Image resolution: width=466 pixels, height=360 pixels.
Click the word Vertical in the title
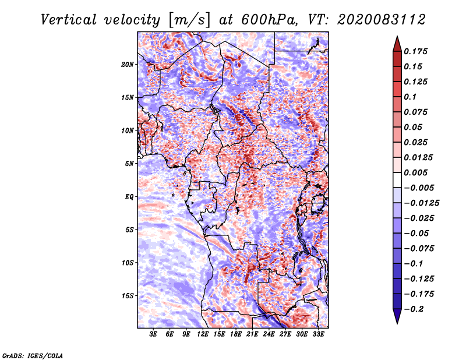click(x=69, y=20)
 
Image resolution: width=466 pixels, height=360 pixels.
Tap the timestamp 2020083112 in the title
click(x=382, y=20)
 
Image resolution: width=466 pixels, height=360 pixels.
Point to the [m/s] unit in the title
click(x=189, y=20)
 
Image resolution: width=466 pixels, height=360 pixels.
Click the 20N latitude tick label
click(x=128, y=64)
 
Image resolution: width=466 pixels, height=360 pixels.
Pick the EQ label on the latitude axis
click(x=129, y=197)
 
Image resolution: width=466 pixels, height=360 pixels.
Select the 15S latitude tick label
click(x=128, y=296)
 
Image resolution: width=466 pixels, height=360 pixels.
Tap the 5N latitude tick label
click(x=129, y=164)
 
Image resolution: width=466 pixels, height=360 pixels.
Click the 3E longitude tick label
click(x=153, y=334)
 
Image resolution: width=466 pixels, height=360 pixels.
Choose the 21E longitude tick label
click(x=252, y=334)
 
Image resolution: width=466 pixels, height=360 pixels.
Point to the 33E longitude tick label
click(x=318, y=334)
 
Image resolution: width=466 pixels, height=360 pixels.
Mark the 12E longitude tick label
click(x=202, y=334)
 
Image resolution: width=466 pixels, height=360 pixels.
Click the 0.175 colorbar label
click(x=415, y=51)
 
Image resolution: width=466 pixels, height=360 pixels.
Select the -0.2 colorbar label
click(x=414, y=309)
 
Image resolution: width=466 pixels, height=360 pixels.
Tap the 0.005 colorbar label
click(x=415, y=172)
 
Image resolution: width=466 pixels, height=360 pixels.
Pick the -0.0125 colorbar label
click(x=421, y=203)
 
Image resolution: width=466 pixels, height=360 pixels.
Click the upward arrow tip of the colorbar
click(x=397, y=36)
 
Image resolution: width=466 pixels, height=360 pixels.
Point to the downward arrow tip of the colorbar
click(x=397, y=323)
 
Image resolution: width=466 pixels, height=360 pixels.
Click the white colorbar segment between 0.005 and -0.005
click(x=397, y=180)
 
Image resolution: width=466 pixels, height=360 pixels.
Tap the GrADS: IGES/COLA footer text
click(x=33, y=356)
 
